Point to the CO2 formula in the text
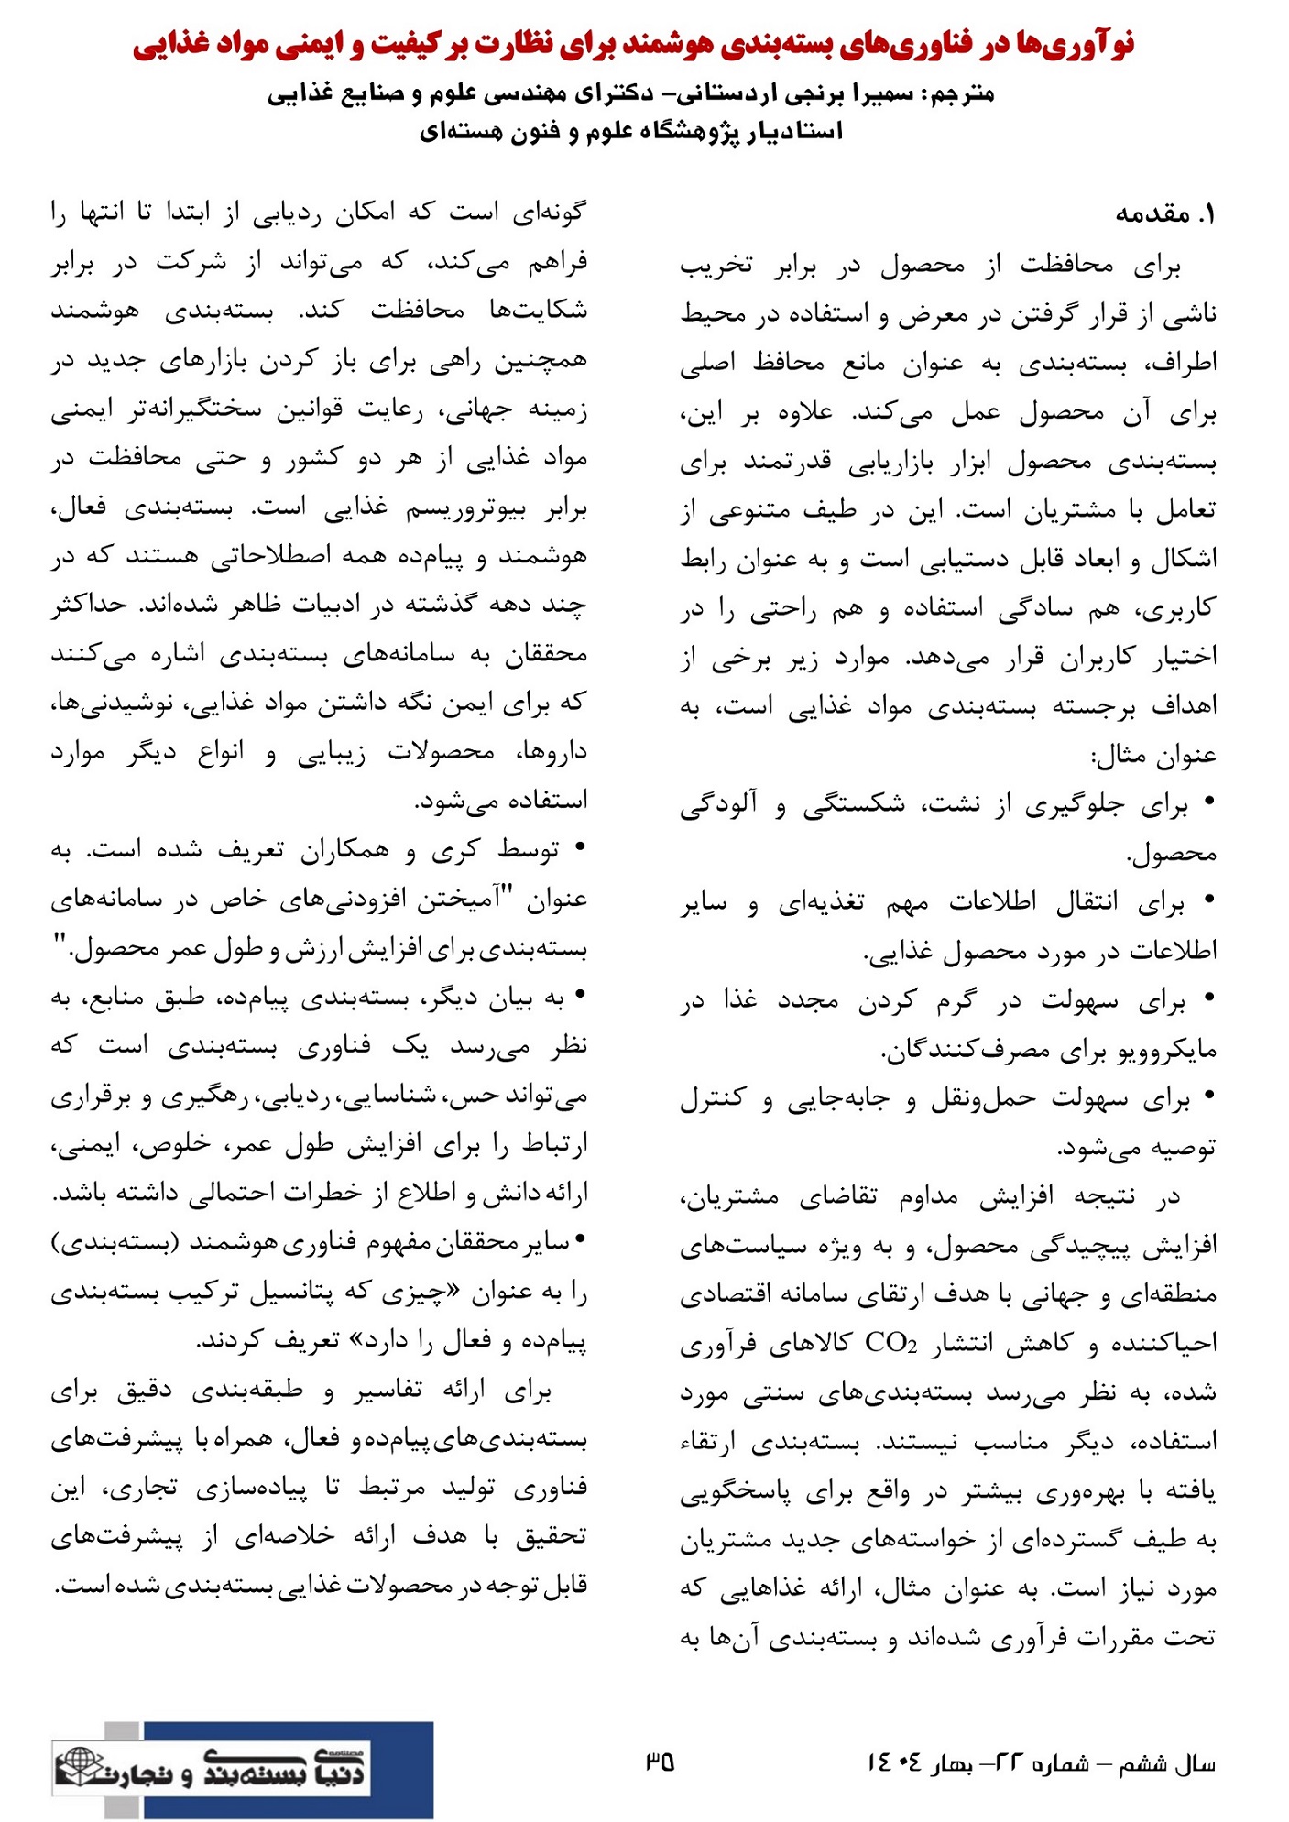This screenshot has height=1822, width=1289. tap(890, 1343)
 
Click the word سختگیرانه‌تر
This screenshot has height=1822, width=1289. tap(191, 409)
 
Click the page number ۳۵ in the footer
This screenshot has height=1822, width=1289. tap(660, 1761)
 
